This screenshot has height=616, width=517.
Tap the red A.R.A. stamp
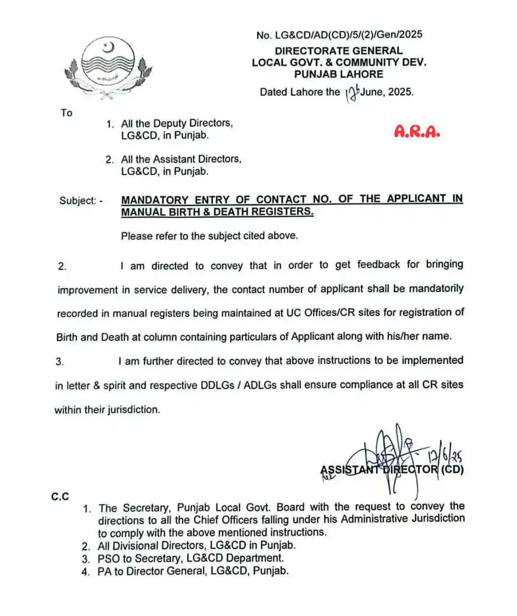pos(417,131)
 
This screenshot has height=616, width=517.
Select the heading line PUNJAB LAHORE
pos(339,74)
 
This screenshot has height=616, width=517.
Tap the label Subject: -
pos(81,201)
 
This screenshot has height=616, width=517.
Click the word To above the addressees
pos(66,113)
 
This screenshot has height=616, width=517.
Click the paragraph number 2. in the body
pos(62,267)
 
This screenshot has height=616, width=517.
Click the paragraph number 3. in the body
pos(60,362)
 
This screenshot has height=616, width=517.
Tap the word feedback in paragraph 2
pos(378,264)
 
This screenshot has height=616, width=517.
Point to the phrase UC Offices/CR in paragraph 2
pos(318,313)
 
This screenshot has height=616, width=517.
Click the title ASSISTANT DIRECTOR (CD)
pos(392,470)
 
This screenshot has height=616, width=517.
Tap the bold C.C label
pos(60,497)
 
